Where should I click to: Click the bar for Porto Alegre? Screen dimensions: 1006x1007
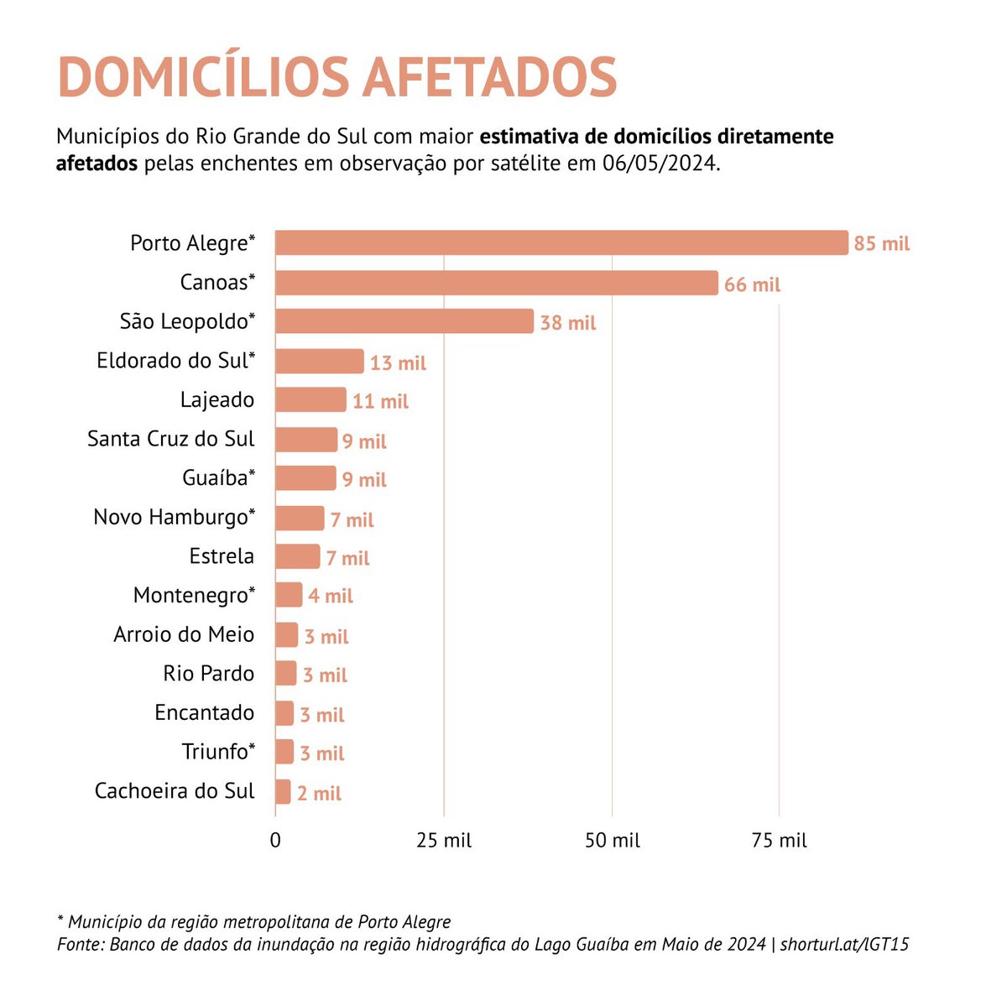coord(561,242)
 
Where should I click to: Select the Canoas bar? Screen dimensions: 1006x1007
coord(496,283)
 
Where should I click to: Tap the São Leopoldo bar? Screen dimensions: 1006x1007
coord(404,321)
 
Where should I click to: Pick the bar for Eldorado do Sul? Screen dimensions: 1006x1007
coord(319,361)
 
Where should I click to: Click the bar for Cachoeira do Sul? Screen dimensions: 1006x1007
coord(283,792)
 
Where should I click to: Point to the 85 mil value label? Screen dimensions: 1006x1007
coord(881,244)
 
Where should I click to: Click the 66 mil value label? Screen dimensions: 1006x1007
coord(752,285)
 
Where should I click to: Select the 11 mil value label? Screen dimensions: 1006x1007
coord(380,402)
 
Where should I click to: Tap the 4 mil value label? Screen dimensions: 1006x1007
coord(330,597)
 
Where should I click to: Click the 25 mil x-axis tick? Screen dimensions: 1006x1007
coord(444,841)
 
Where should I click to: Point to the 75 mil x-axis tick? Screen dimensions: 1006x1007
coord(780,841)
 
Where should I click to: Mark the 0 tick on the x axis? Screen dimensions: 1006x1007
coord(275,841)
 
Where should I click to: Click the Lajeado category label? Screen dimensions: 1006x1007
coord(217,400)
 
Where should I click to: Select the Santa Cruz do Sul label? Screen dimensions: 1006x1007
coord(170,439)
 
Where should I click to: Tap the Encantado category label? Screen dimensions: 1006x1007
coord(204,712)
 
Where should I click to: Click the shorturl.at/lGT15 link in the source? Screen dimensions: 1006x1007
coord(844,944)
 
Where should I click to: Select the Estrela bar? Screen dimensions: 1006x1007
coord(297,556)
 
